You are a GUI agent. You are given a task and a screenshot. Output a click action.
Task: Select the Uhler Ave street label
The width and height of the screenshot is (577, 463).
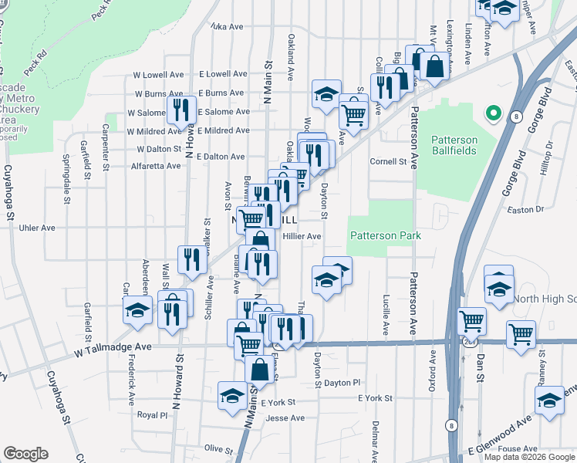point(37,228)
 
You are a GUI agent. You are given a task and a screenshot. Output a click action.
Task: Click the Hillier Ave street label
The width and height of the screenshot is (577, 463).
point(302,236)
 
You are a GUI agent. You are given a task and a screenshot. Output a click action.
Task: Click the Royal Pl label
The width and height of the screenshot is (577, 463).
point(152,414)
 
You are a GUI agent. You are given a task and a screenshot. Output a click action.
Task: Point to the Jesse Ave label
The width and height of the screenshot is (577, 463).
point(281,418)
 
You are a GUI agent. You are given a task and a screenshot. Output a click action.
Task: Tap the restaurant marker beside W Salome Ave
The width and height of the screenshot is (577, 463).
point(182,109)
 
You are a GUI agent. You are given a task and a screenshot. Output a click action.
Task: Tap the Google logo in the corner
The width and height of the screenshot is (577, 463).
point(25,454)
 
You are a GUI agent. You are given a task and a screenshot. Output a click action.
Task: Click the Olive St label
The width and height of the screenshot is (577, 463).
point(218,449)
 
